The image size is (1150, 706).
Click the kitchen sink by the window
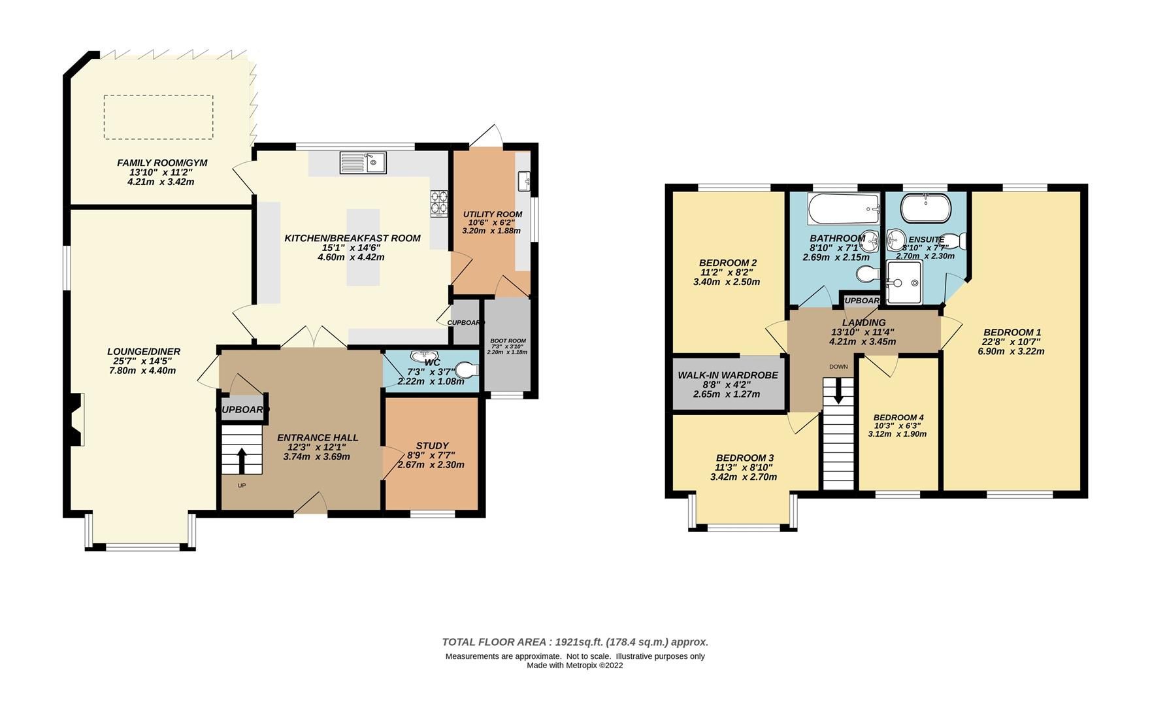click(363, 163)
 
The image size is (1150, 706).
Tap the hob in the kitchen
click(439, 203)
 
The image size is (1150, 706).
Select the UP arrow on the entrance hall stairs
click(241, 460)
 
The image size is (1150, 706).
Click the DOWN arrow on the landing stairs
click(838, 393)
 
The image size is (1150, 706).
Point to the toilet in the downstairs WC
click(468, 371)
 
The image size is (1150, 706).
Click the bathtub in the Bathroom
click(844, 209)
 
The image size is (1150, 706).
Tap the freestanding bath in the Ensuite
click(925, 209)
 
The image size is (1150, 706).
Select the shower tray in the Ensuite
click(904, 282)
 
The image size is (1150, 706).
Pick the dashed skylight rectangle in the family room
click(158, 117)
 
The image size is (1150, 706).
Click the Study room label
click(432, 446)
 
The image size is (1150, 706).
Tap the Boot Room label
click(508, 341)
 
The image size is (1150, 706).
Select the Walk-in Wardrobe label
click(728, 375)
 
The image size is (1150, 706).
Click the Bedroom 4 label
click(898, 418)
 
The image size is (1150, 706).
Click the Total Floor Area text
click(575, 642)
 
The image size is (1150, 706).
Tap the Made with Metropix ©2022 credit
click(575, 665)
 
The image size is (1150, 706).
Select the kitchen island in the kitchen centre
click(363, 247)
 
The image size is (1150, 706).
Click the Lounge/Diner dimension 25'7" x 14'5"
click(144, 361)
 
